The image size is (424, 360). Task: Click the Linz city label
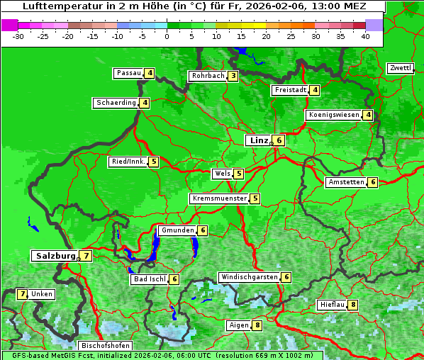pos(258,140)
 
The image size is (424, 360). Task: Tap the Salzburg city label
pos(55,256)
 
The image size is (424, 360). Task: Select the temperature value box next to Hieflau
pos(353,305)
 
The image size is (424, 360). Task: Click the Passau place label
pos(129,73)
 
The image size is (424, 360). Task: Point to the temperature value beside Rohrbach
pos(233,76)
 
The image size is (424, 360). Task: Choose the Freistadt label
pos(290,90)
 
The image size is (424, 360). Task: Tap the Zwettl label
pos(400,68)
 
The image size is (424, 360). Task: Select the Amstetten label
pos(345,182)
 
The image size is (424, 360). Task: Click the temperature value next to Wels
pos(239,174)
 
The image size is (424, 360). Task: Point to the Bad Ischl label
pos(149,279)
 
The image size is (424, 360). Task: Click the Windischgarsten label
pos(248,277)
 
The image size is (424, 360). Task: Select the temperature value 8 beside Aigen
pos(257,325)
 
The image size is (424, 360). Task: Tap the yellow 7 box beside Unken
pos(22,294)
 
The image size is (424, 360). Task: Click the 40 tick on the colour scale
pos(365,35)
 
